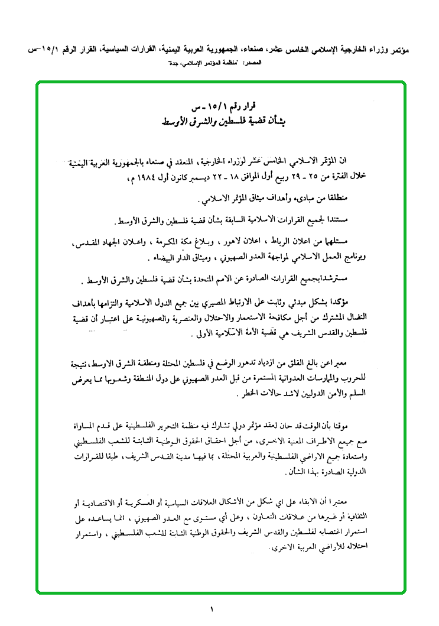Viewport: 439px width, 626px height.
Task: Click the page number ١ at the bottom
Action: click(x=212, y=609)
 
